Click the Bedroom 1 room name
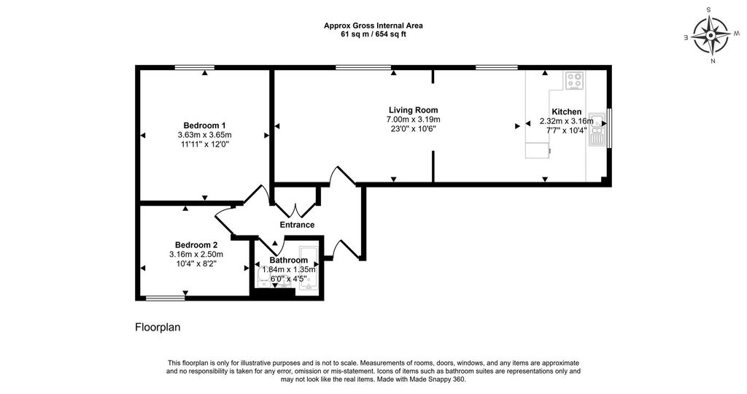coord(204,125)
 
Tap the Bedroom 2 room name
coord(196,244)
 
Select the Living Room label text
coord(413,109)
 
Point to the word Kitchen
coord(566,112)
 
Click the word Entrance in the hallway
coord(297,225)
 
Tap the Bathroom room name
coord(288,260)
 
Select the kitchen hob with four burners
coord(574,80)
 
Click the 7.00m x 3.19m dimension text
coord(413,120)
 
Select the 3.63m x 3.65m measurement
coord(204,135)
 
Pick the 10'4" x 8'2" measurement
coord(196,264)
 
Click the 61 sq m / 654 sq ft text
coord(373,34)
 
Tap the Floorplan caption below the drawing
coord(158,328)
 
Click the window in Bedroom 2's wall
coord(165,298)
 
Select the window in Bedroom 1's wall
coord(194,68)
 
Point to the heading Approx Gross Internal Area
coord(373,26)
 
